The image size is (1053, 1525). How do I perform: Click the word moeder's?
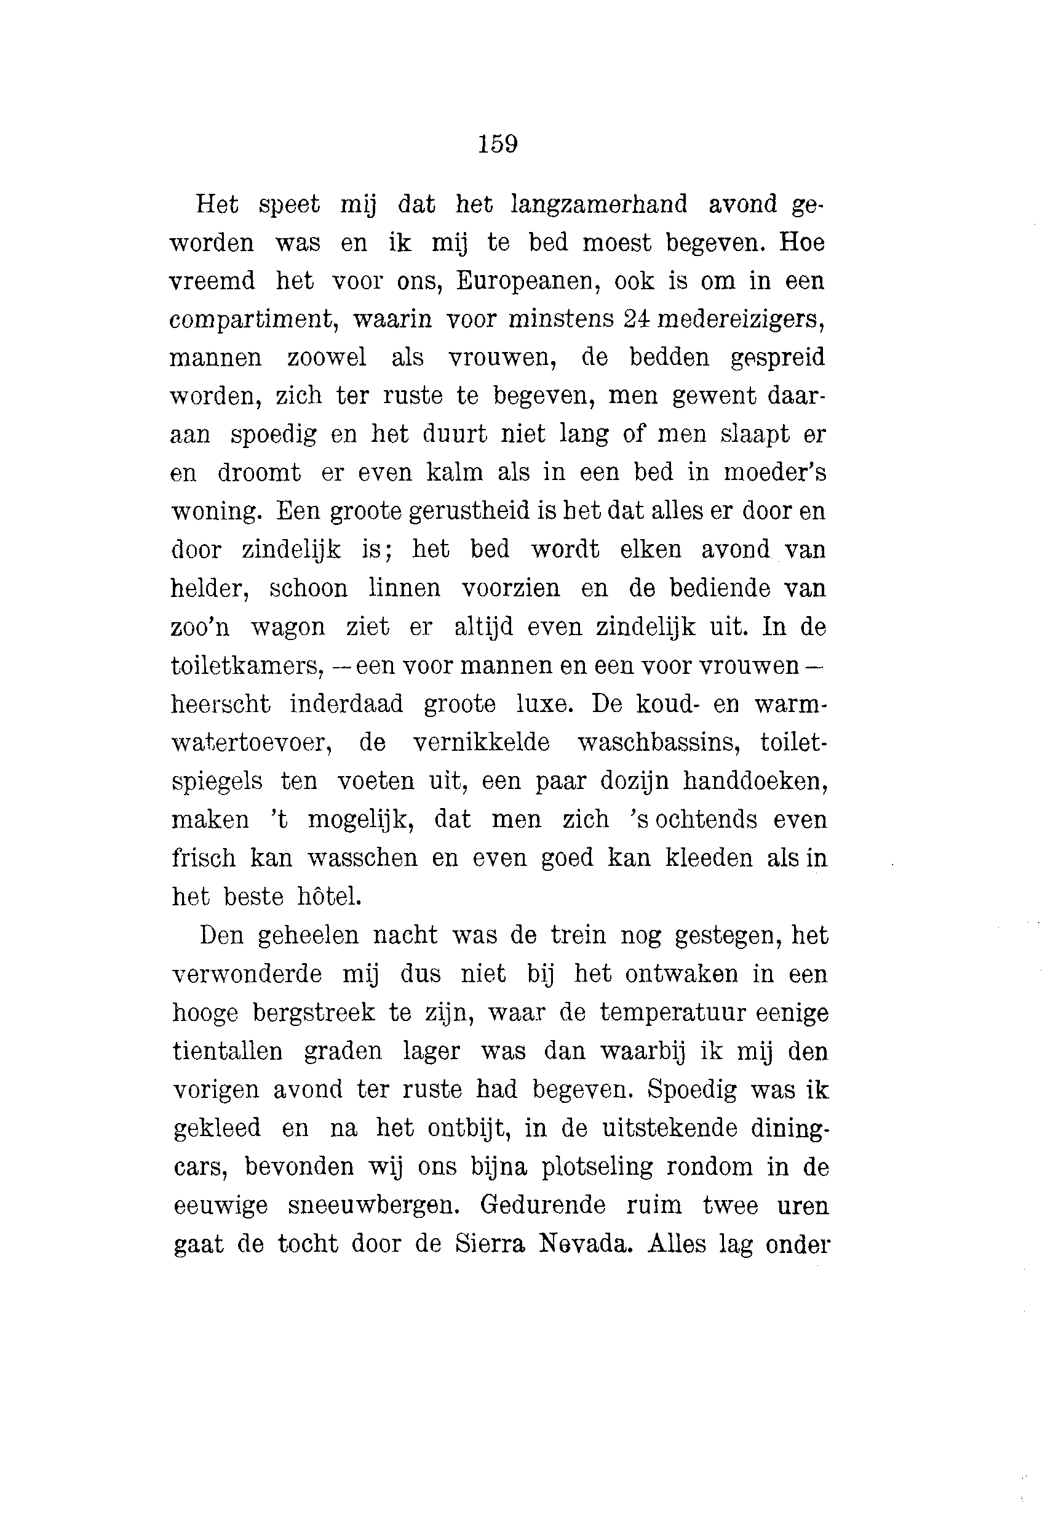[774, 473]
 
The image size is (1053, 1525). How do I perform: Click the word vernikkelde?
[481, 742]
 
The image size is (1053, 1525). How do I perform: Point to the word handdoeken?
[755, 781]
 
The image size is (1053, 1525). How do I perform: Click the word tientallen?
[228, 1051]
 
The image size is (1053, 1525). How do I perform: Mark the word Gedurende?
[542, 1205]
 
